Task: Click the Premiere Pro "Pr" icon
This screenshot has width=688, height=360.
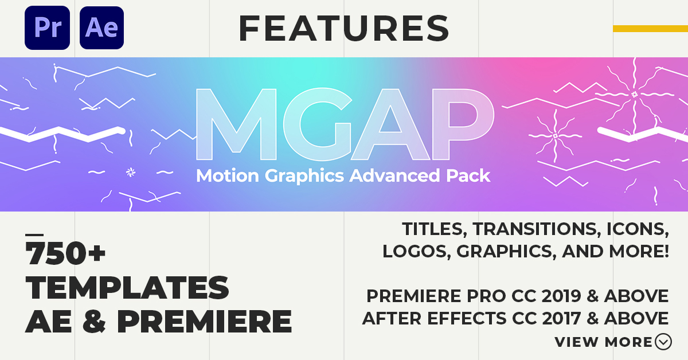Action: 47,28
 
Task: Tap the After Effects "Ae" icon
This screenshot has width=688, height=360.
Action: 101,28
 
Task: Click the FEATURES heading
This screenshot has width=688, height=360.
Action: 344,28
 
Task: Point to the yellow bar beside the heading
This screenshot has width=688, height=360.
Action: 651,29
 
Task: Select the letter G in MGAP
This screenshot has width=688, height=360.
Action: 317,124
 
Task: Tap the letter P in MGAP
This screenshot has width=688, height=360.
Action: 463,124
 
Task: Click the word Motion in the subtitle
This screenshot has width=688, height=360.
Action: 228,175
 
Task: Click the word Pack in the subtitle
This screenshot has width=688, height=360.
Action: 468,175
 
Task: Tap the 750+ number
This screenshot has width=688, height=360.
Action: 65,253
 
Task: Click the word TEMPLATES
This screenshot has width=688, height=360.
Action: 127,287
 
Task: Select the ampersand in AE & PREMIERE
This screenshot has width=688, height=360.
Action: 94,321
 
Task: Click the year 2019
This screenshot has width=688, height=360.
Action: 561,296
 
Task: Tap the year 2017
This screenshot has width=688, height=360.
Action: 561,318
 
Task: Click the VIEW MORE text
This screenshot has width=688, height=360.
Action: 604,342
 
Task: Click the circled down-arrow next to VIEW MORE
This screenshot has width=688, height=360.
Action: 663,342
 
